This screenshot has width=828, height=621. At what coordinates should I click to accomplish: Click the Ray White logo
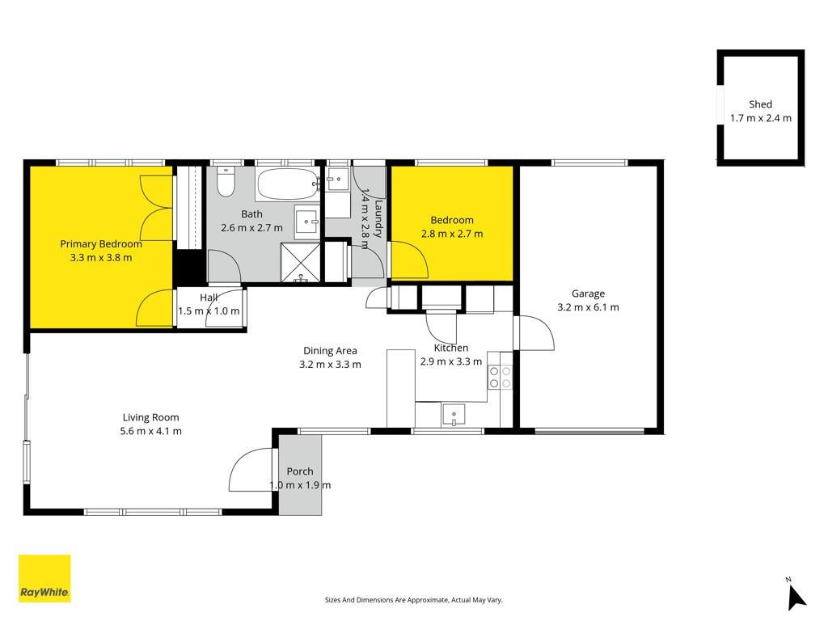(x=44, y=578)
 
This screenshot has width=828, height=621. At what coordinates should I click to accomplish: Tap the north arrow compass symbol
(x=796, y=596)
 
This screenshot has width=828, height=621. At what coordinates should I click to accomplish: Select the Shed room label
(x=760, y=104)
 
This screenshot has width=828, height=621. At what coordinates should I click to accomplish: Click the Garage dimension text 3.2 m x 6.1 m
(x=589, y=307)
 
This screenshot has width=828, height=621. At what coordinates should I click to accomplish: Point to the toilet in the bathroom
(x=226, y=182)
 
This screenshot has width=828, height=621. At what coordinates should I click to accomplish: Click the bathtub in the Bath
(x=288, y=184)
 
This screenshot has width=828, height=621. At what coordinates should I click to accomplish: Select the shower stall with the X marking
(x=300, y=263)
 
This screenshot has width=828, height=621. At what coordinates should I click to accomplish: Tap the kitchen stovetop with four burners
(x=500, y=377)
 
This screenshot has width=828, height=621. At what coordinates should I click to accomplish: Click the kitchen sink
(x=454, y=415)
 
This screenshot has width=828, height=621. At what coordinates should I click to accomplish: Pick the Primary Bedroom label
(x=101, y=244)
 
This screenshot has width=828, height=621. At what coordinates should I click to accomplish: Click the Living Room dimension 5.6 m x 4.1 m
(x=151, y=431)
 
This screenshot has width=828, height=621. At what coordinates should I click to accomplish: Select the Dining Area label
(x=330, y=351)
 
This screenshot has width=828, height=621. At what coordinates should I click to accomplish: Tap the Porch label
(x=300, y=471)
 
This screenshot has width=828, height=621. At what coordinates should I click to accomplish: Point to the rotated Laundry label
(x=378, y=218)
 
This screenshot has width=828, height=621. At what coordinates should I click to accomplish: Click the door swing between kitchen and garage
(x=534, y=332)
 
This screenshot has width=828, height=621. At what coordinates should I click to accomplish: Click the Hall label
(x=209, y=298)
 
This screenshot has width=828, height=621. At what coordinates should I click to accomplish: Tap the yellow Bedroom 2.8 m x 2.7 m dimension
(x=452, y=234)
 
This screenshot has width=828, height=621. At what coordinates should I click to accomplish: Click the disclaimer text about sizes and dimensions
(x=413, y=600)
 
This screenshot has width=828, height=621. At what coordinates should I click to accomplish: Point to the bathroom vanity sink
(x=306, y=222)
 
